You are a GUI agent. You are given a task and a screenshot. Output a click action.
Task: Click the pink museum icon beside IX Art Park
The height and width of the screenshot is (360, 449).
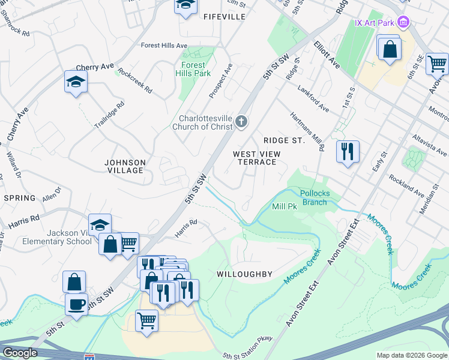click(404, 23)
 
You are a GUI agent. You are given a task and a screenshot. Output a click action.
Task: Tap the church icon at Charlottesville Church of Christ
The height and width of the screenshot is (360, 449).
click(241, 122)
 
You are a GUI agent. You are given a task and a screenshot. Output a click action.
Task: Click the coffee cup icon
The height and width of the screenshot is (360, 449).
click(76, 304)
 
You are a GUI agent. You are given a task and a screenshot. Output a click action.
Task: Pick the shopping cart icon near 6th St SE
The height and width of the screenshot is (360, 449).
click(437, 63)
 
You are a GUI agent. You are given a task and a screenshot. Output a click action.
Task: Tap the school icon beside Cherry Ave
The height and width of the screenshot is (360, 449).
click(76, 82)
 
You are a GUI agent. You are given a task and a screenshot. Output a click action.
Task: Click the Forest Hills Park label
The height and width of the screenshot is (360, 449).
click(193, 69)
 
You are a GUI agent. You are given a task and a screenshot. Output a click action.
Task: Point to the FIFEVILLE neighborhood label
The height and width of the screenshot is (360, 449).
click(224, 17)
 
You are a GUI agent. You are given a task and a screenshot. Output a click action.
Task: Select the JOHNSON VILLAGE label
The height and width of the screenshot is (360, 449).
click(125, 166)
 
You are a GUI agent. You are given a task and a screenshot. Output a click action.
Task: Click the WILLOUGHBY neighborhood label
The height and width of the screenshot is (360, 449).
click(245, 274)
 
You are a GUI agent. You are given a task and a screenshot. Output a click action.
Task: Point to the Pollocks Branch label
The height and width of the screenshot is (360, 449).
click(314, 197)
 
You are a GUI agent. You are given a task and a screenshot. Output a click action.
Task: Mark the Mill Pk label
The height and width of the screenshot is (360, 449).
click(285, 206)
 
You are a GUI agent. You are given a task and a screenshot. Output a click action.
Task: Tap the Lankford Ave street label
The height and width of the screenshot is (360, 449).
click(313, 97)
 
